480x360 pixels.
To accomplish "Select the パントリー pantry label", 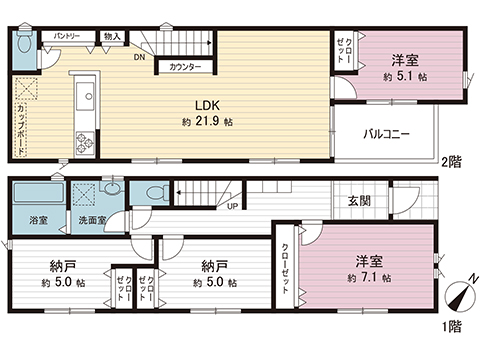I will (x=67, y=35).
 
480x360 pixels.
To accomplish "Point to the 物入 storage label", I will (x=111, y=36).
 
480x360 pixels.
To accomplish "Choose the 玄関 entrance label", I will (x=360, y=200).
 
